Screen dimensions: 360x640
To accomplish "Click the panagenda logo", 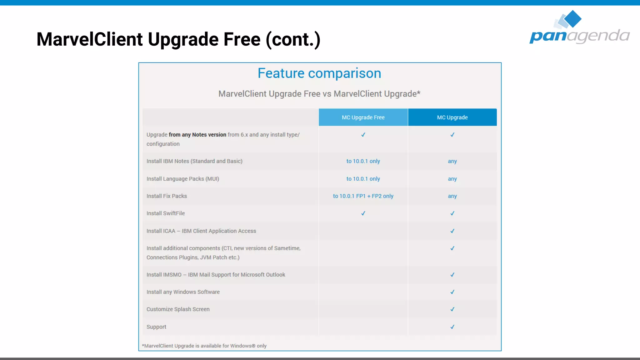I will (x=579, y=28).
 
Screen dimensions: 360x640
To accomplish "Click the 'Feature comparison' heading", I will (x=319, y=73).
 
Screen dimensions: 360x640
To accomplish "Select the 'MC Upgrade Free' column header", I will (x=363, y=117).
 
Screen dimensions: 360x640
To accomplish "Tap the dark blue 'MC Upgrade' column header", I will (x=452, y=117).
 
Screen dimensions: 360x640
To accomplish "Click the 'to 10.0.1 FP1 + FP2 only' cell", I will (x=363, y=196).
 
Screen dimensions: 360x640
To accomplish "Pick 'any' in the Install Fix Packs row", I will (x=452, y=196).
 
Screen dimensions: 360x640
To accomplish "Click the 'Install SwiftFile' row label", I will (x=166, y=213).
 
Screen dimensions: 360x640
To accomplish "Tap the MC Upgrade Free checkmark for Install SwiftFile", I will (x=363, y=213).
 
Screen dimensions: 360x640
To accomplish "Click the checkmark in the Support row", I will (x=452, y=327).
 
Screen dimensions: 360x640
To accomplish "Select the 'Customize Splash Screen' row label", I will (x=178, y=309).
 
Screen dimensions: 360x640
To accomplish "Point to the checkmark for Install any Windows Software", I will (x=452, y=292).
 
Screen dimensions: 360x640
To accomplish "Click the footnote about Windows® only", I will (x=204, y=346).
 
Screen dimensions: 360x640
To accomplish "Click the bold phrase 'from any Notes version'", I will (x=197, y=135).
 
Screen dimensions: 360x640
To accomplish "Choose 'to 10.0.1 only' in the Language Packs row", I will (x=363, y=179).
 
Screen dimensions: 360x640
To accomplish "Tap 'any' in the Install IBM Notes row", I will (x=452, y=161).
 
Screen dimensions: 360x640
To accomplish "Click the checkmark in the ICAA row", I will (x=452, y=231).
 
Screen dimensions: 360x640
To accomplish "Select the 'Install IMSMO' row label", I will (x=216, y=275).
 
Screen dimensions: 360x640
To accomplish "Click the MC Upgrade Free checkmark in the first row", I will (x=363, y=135).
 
